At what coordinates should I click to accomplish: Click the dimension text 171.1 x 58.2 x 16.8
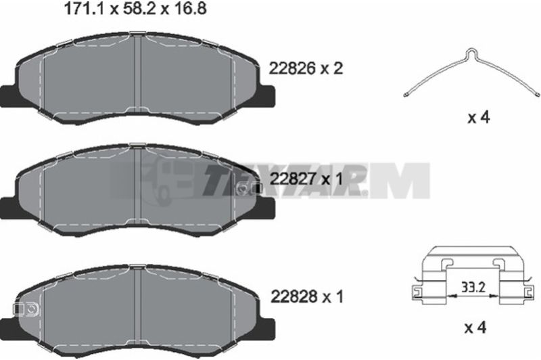pyautogui.click(x=135, y=9)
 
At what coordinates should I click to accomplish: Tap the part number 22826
pyautogui.click(x=292, y=69)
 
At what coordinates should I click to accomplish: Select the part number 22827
pyautogui.click(x=293, y=179)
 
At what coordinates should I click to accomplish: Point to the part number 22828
pyautogui.click(x=293, y=296)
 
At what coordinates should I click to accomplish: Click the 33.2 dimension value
pyautogui.click(x=473, y=286)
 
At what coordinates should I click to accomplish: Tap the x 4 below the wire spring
pyautogui.click(x=479, y=118)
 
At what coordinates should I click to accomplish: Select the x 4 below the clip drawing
pyautogui.click(x=475, y=328)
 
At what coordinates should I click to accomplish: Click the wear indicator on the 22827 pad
pyautogui.click(x=250, y=188)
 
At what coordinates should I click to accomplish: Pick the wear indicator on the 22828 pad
pyautogui.click(x=26, y=309)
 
